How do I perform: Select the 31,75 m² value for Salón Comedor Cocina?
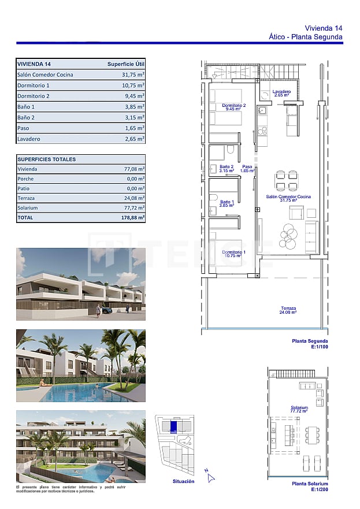133,75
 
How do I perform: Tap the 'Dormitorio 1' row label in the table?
34,86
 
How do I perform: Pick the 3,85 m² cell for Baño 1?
135,107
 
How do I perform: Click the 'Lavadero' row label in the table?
29,139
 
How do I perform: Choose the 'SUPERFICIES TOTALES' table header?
47,159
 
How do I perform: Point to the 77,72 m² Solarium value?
135,208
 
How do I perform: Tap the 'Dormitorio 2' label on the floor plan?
234,106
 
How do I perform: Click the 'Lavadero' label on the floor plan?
282,92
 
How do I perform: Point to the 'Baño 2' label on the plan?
226,167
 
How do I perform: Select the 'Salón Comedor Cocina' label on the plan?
288,197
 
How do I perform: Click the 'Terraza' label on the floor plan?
288,308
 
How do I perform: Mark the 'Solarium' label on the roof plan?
299,407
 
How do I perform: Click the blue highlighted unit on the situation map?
173,426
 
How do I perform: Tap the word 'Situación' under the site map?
183,481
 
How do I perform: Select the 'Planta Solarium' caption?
310,484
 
